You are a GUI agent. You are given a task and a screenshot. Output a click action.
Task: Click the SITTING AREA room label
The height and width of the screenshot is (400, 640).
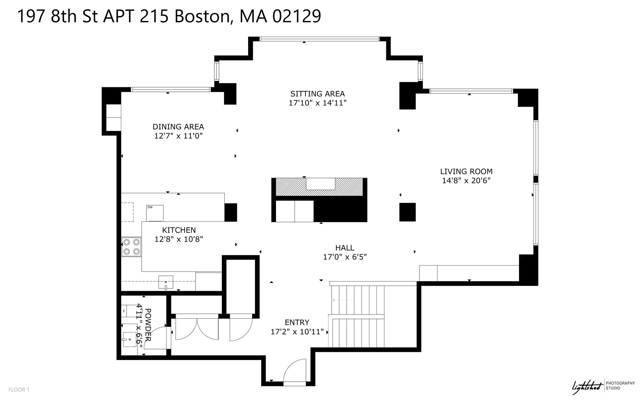click(x=317, y=94)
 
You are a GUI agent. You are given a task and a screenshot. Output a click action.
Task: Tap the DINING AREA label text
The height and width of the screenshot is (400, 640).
click(x=178, y=127)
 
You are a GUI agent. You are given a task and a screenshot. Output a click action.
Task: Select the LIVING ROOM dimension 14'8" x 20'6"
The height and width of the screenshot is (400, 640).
click(x=466, y=180)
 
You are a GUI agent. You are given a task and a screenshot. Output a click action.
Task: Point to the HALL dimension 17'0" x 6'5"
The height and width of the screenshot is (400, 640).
click(x=345, y=257)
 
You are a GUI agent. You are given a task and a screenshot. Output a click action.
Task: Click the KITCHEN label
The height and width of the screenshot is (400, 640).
click(x=179, y=230)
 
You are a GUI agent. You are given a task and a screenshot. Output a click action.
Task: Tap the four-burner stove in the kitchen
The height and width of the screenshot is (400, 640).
click(x=131, y=247)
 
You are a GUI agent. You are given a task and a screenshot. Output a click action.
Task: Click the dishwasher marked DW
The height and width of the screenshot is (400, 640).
click(x=155, y=213)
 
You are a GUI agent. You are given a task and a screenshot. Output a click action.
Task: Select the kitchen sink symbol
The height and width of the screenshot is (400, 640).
click(x=166, y=282)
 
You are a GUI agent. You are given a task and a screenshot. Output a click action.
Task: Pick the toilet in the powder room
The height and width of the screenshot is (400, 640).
click(x=129, y=311)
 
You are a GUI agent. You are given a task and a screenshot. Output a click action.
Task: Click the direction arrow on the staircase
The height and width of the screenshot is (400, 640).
click(x=343, y=300)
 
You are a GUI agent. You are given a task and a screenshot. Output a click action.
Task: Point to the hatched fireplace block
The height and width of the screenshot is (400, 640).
click(x=319, y=187)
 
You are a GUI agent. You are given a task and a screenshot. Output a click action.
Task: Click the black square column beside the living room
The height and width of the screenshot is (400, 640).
click(x=407, y=212)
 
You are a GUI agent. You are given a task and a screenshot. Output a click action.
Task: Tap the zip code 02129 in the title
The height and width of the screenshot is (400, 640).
click(x=297, y=16)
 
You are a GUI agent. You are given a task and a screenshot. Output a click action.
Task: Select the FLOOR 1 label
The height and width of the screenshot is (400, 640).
click(x=19, y=390)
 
